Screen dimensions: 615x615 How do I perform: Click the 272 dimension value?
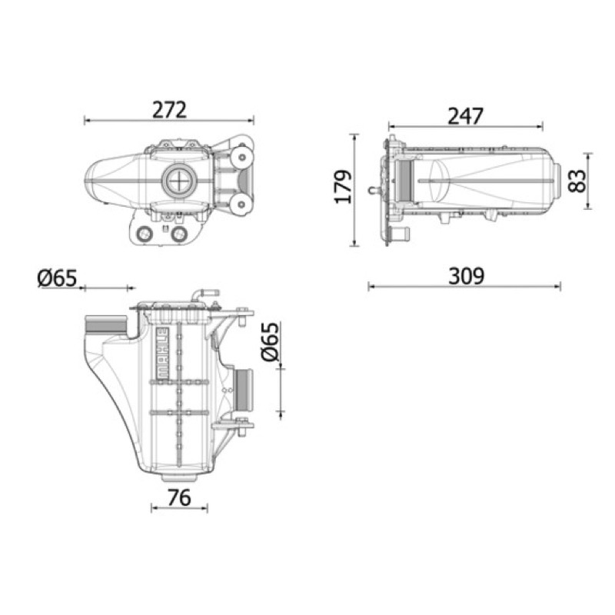(x=169, y=110)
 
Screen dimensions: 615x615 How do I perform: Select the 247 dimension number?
(x=466, y=116)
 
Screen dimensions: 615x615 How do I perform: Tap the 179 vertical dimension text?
(x=343, y=187)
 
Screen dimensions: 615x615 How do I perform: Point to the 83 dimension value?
(x=578, y=181)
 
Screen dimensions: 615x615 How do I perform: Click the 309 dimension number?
(x=467, y=276)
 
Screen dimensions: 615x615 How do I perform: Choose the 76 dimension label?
(x=179, y=497)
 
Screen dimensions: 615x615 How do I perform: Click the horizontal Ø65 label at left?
(x=57, y=278)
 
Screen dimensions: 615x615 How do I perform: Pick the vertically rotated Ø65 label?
(x=270, y=341)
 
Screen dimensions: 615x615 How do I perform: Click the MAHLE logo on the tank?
(x=163, y=353)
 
